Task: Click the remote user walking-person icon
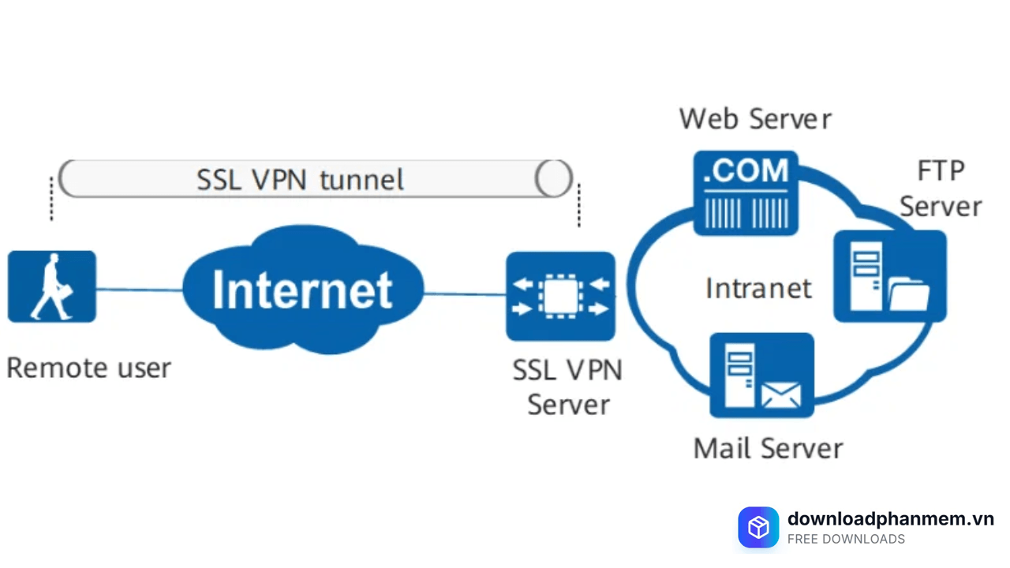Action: pos(52,286)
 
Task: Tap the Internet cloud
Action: pos(302,290)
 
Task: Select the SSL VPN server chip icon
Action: pos(560,296)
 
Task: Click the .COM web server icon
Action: pos(746,192)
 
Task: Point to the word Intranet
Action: pos(758,288)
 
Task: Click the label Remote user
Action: pos(88,368)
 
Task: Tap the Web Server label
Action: pos(755,119)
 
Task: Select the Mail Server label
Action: pos(768,448)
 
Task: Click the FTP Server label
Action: pos(941,189)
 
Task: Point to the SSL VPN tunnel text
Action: pos(300,180)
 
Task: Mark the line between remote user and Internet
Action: pos(140,290)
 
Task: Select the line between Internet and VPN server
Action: pos(465,294)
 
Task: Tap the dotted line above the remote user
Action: pos(52,199)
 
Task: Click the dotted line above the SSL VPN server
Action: pos(579,205)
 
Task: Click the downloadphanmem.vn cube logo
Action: pos(758,527)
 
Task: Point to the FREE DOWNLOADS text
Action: pos(846,540)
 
